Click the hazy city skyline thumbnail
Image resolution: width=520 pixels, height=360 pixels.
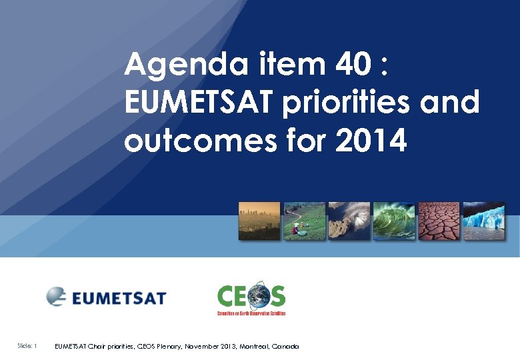259,221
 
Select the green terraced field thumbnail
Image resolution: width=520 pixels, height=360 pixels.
305,221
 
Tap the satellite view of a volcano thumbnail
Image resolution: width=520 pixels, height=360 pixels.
349,221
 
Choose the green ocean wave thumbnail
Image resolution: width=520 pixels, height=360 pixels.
394,221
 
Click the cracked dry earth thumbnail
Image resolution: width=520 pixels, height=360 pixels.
439,221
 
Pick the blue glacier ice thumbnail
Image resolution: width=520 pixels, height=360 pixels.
484,221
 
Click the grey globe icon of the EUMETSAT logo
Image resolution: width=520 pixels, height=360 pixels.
57,295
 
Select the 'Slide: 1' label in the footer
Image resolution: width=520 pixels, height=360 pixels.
27,346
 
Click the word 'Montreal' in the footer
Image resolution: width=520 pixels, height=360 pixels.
254,347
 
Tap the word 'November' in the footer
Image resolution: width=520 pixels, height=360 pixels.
198,347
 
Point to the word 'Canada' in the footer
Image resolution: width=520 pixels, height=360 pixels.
286,347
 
